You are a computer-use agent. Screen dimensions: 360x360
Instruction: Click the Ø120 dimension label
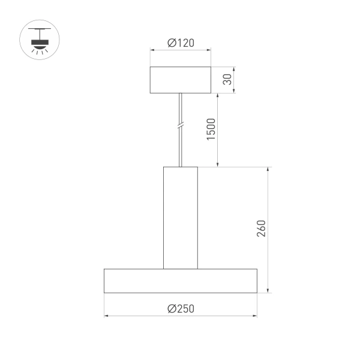pos(181,43)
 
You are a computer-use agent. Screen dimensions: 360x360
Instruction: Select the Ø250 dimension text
pos(181,308)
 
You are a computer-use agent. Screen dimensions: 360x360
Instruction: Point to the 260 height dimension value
pos(260,229)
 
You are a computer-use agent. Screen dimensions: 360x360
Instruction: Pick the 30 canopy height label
pos(227,80)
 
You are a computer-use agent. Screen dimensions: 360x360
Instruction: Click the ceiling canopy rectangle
pos(181,80)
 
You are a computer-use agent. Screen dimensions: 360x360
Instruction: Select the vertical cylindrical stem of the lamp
pos(181,217)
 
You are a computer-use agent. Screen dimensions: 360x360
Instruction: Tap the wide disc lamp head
pos(181,281)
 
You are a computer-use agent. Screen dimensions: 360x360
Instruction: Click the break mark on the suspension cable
pos(181,127)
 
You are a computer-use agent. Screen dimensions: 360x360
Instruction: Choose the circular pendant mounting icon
pos(37,41)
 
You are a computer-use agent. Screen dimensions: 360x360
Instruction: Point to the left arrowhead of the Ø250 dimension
pos(106,315)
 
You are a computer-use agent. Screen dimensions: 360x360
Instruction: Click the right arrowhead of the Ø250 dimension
pos(255,315)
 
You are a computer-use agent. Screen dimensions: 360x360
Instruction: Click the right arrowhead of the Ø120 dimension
pos(209,50)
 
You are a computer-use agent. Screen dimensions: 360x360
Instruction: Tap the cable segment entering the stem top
pos(181,156)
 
